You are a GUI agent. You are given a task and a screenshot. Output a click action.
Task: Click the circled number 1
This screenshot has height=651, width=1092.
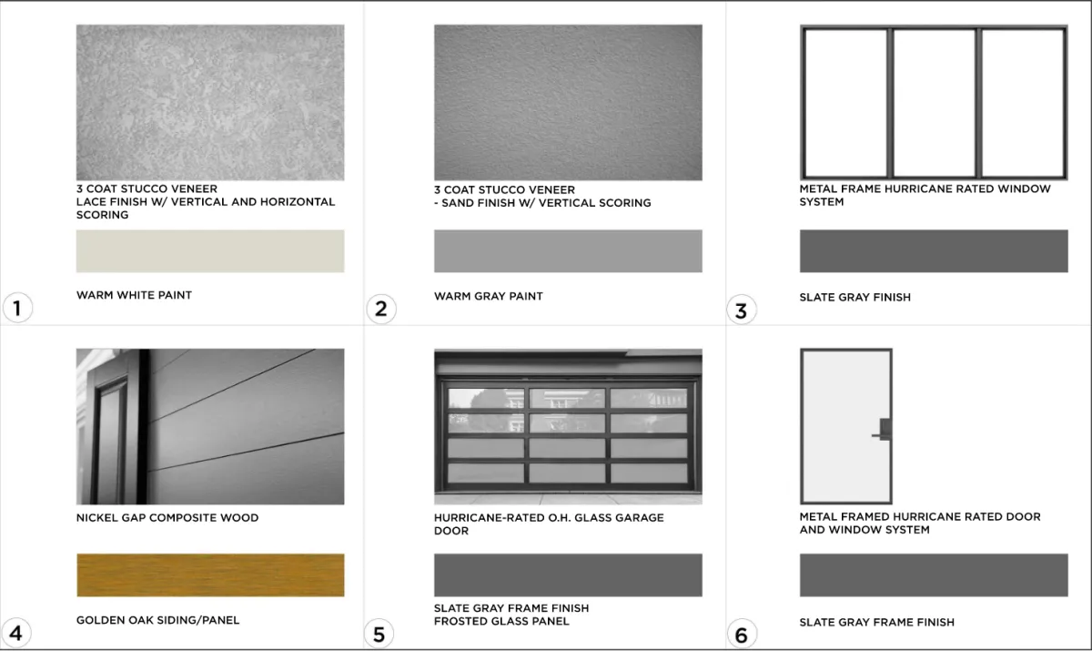pyautogui.click(x=17, y=308)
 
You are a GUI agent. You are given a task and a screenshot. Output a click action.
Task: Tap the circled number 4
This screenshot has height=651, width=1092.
pyautogui.click(x=16, y=633)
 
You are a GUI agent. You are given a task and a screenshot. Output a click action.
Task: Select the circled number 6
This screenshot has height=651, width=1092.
pyautogui.click(x=742, y=635)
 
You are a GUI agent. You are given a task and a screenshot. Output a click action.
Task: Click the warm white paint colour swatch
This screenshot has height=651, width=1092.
pyautogui.click(x=210, y=251)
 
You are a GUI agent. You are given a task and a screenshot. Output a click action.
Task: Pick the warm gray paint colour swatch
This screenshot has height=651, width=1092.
pyautogui.click(x=568, y=251)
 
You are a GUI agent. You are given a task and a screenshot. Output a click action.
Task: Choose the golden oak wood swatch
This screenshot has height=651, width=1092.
pyautogui.click(x=210, y=575)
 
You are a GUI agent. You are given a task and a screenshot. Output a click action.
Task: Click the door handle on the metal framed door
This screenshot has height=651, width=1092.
pyautogui.click(x=883, y=430)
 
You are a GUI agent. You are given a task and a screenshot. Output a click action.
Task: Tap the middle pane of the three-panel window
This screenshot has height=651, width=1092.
pyautogui.click(x=934, y=103)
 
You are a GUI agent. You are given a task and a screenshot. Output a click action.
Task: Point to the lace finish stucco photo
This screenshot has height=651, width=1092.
pyautogui.click(x=210, y=102)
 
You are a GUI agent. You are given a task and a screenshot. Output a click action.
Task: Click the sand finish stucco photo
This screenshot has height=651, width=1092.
pyautogui.click(x=568, y=102)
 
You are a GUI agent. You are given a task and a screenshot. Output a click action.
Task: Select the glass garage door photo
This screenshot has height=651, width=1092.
pyautogui.click(x=568, y=426)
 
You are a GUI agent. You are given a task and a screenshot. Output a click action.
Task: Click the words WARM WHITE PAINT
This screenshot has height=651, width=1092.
pyautogui.click(x=134, y=295)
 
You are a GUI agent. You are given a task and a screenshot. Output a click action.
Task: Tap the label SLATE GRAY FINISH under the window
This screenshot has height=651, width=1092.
pyautogui.click(x=855, y=297)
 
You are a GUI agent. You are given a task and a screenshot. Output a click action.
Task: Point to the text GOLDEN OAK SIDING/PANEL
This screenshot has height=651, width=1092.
pyautogui.click(x=158, y=620)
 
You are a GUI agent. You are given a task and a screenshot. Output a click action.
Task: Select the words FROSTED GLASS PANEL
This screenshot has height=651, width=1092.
pyautogui.click(x=501, y=621)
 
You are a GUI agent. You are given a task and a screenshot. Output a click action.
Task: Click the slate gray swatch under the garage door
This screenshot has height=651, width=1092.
pyautogui.click(x=568, y=575)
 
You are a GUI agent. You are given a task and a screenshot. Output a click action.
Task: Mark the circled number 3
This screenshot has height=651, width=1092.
pyautogui.click(x=742, y=310)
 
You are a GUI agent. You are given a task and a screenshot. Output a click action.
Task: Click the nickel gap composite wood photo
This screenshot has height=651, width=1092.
pyautogui.click(x=210, y=426)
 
